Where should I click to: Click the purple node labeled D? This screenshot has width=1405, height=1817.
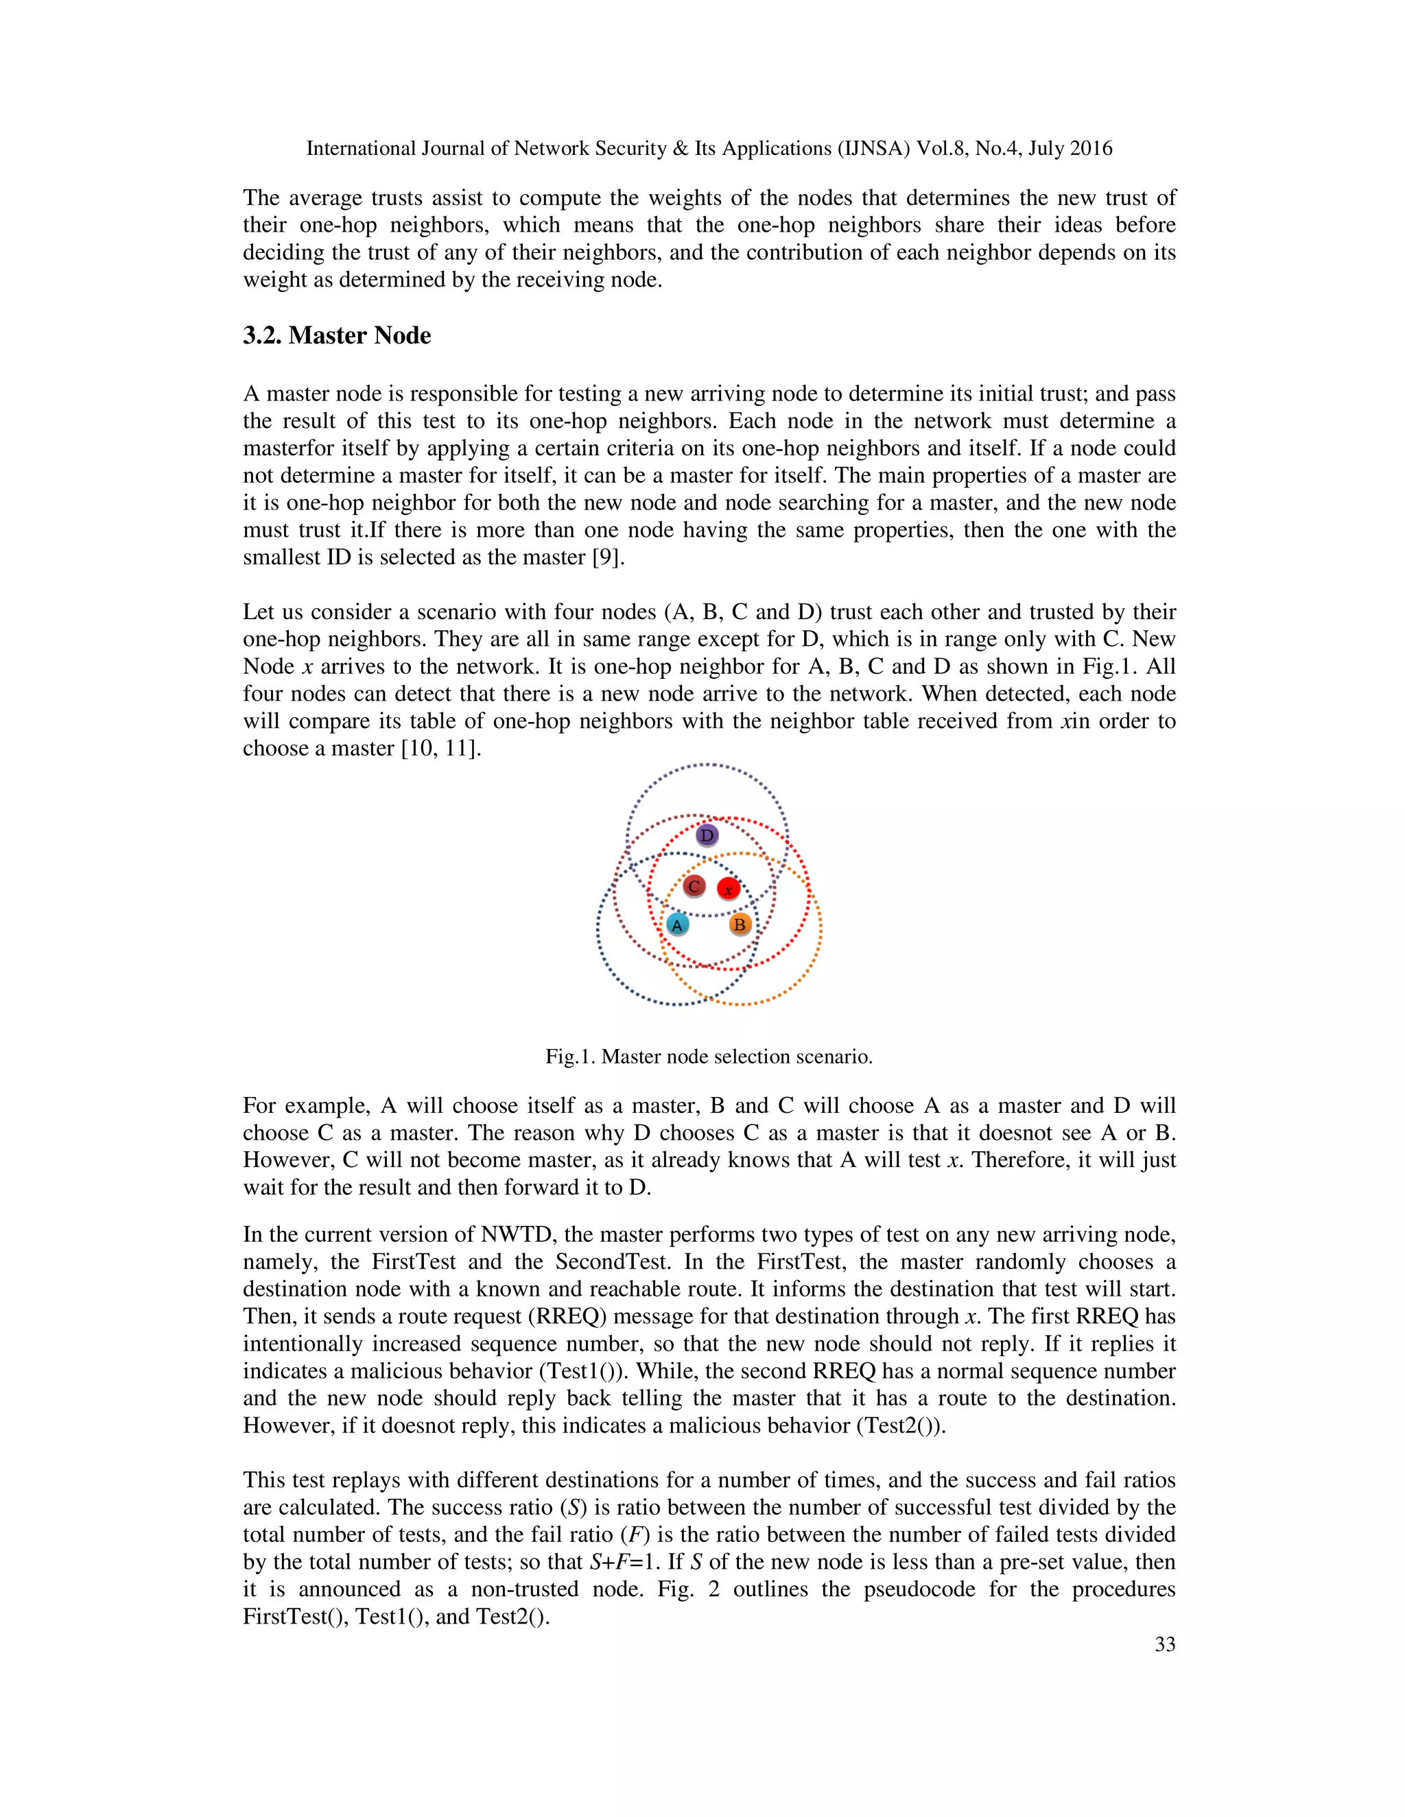tap(707, 835)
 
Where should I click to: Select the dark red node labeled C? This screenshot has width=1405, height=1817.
tap(694, 887)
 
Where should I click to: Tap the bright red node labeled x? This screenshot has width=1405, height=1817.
tap(729, 889)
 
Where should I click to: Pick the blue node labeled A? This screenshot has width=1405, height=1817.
tap(678, 924)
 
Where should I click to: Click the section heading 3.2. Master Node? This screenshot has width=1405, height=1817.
tap(336, 335)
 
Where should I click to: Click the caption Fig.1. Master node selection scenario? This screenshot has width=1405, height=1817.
tap(708, 1057)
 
